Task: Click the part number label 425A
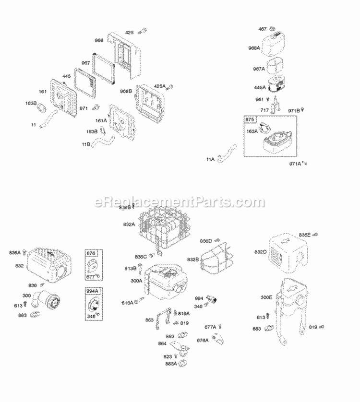159,86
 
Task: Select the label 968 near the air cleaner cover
99,40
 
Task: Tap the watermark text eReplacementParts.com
180,202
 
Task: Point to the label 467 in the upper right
263,29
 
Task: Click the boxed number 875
250,119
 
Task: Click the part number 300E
266,297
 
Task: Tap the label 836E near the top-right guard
305,235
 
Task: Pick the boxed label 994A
92,291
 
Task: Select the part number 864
163,343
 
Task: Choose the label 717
264,110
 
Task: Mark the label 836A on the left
15,252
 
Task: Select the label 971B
294,111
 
